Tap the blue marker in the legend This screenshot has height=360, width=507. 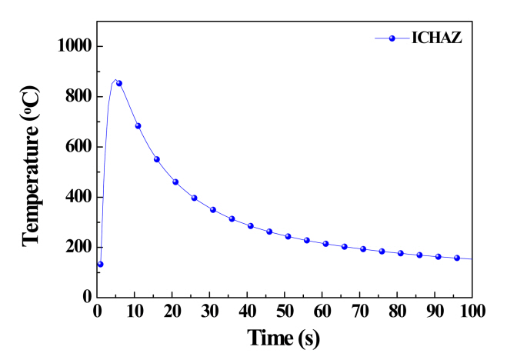pos(392,38)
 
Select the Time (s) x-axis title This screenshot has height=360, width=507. pos(283,337)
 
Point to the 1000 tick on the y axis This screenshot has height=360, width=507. pos(75,46)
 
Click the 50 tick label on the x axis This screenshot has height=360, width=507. pos(285,312)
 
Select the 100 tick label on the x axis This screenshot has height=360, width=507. pos(472,312)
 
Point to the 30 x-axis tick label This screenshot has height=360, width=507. pos(209,312)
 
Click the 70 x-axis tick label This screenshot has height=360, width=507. pos(360,312)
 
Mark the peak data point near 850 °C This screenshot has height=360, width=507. pos(118,83)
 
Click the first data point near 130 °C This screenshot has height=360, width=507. pos(100,264)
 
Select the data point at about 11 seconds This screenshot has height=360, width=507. pos(138,126)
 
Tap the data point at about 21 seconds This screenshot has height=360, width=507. pos(175,182)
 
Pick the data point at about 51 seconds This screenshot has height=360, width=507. pos(288,236)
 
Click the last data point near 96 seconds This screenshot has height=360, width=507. pos(457,258)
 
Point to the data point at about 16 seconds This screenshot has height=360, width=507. pos(156,159)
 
